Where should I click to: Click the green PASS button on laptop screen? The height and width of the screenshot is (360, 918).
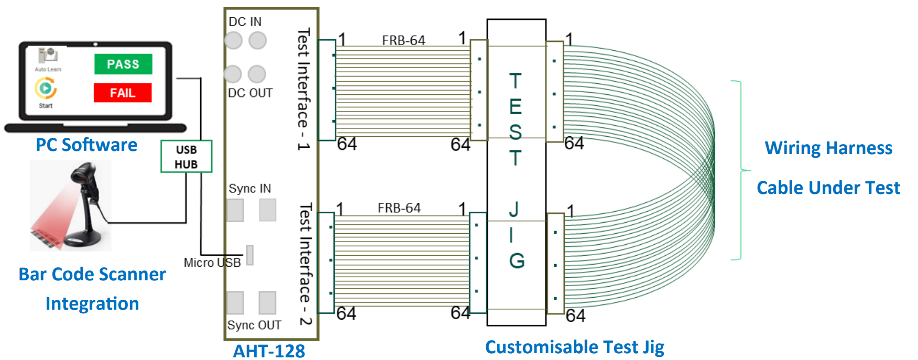click(123, 64)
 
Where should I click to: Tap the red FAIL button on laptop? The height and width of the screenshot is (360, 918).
click(123, 93)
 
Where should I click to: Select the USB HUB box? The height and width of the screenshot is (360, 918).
click(186, 156)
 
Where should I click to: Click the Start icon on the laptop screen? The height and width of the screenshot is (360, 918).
click(46, 89)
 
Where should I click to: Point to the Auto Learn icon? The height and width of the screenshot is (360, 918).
click(48, 56)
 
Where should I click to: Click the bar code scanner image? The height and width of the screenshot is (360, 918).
click(71, 205)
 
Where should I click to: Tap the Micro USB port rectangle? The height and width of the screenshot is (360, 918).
click(250, 255)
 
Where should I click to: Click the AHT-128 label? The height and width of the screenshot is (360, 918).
click(269, 351)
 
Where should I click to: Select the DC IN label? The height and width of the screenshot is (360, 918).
click(245, 21)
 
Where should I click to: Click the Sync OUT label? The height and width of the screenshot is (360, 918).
click(254, 325)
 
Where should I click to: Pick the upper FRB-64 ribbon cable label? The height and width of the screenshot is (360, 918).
click(403, 40)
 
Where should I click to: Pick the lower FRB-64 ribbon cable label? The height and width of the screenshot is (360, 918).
click(399, 208)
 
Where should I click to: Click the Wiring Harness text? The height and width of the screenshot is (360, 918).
click(828, 148)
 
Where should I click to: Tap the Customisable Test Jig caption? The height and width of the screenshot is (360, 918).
click(574, 347)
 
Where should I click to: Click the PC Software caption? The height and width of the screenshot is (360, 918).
click(86, 145)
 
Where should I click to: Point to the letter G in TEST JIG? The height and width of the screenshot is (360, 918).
click(517, 260)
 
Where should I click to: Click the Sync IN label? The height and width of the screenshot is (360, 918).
click(250, 188)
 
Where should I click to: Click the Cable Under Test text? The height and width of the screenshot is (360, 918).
click(828, 188)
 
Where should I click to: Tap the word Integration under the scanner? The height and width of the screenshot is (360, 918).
click(92, 303)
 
